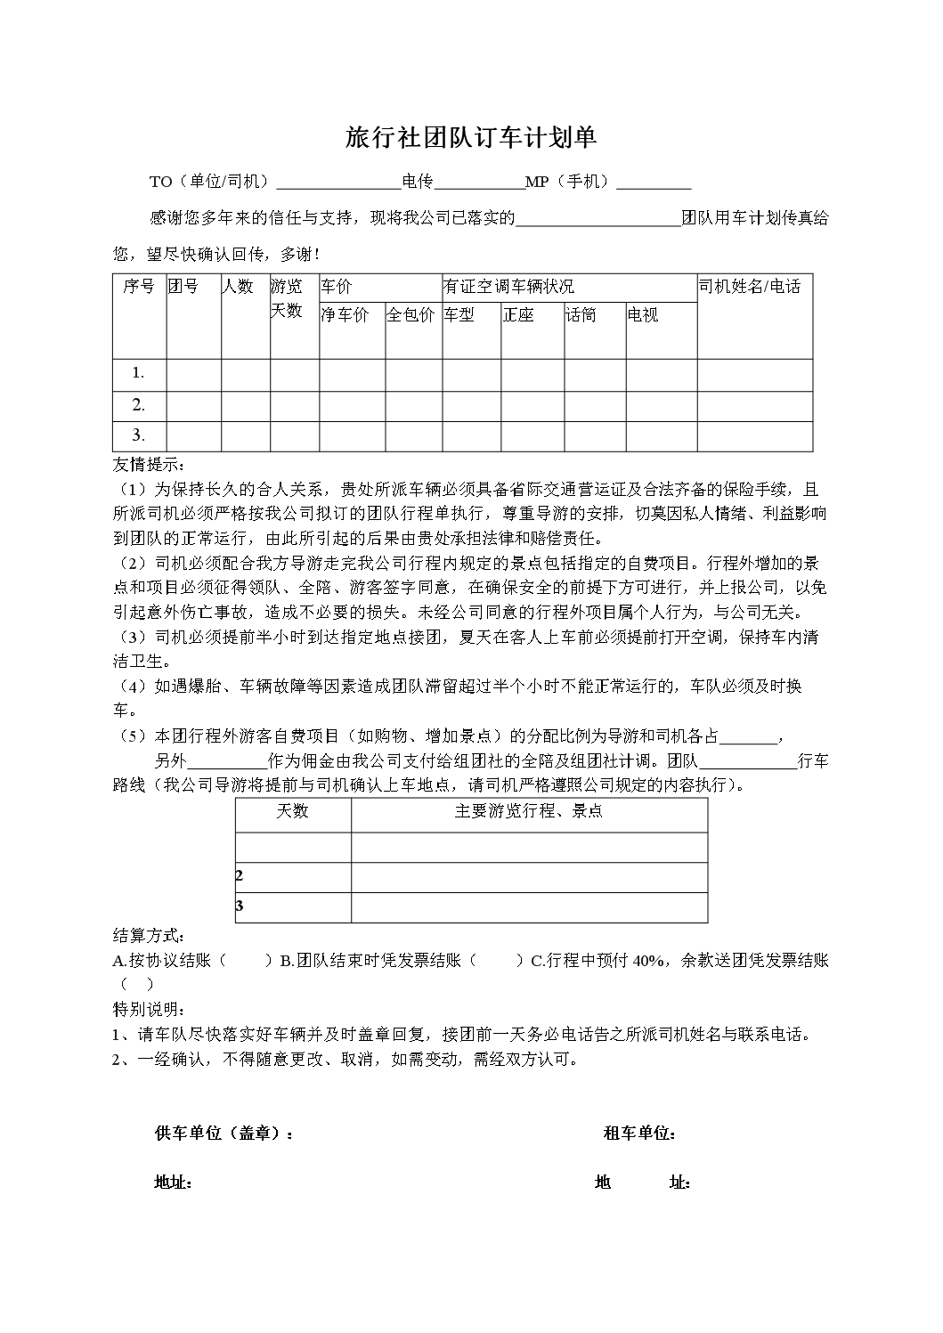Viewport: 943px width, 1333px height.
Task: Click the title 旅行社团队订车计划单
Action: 470,137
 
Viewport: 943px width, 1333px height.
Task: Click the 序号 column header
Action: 139,286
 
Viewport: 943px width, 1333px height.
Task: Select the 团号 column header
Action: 183,286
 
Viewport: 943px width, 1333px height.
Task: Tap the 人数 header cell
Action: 239,286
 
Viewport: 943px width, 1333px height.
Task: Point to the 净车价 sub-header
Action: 345,314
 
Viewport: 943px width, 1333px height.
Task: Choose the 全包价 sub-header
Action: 411,314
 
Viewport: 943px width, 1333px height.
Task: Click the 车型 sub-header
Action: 459,314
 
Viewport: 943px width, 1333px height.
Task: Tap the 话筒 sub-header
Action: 581,314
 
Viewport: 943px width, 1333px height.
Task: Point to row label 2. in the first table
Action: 138,405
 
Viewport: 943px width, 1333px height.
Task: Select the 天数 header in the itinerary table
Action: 292,811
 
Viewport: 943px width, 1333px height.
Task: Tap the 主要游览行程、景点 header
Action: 528,811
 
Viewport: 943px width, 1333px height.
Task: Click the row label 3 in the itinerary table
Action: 240,906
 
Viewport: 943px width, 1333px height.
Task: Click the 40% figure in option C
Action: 647,960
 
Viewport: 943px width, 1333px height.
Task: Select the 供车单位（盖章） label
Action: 224,1133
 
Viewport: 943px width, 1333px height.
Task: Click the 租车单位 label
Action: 638,1133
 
